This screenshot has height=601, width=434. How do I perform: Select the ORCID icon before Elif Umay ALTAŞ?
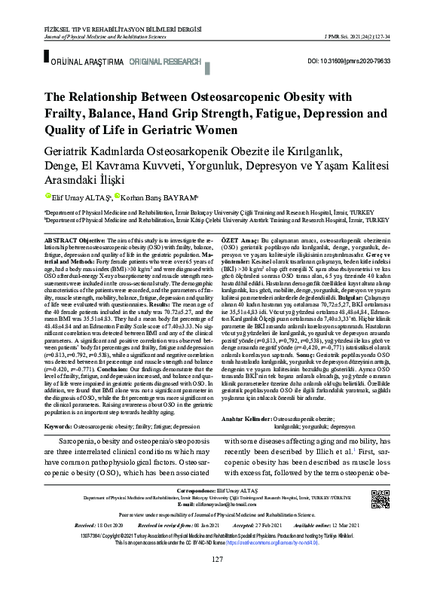[x=48, y=197]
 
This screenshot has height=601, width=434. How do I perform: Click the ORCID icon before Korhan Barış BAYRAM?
[x=118, y=197]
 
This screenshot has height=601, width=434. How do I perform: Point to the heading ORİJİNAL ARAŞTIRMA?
[x=81, y=59]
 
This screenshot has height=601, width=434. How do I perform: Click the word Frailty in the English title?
[x=72, y=114]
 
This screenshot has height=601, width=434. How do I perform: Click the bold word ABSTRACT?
[x=61, y=238]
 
